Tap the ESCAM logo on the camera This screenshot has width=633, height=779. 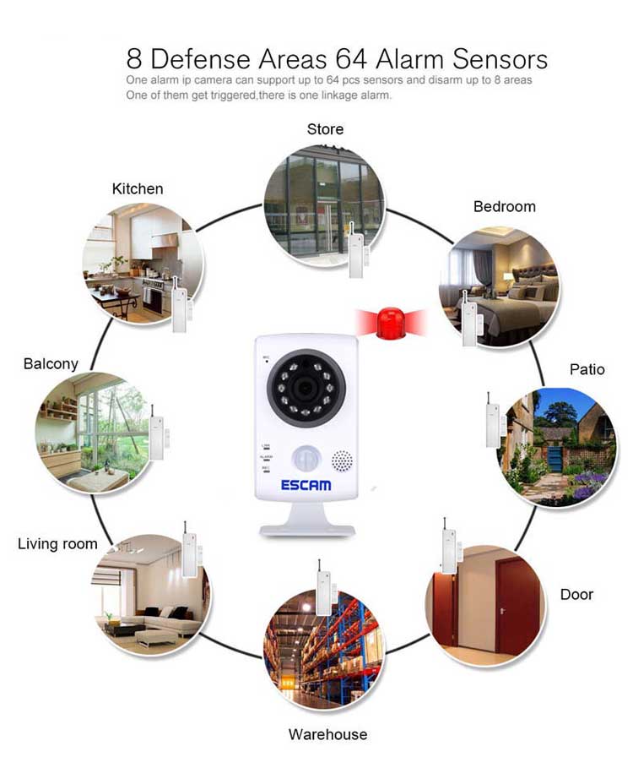(x=306, y=485)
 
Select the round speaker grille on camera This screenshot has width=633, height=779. (x=341, y=461)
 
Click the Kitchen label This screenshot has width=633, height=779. (x=138, y=188)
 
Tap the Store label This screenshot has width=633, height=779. (x=325, y=129)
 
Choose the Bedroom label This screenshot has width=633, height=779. (x=504, y=206)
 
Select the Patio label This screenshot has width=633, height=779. (x=587, y=369)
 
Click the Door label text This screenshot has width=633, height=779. (x=576, y=594)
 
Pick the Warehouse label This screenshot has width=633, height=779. (x=327, y=734)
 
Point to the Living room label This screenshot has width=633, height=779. (x=57, y=543)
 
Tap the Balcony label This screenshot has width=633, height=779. (x=51, y=363)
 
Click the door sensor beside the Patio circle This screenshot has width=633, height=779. (x=492, y=420)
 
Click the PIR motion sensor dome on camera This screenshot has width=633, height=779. (x=306, y=459)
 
